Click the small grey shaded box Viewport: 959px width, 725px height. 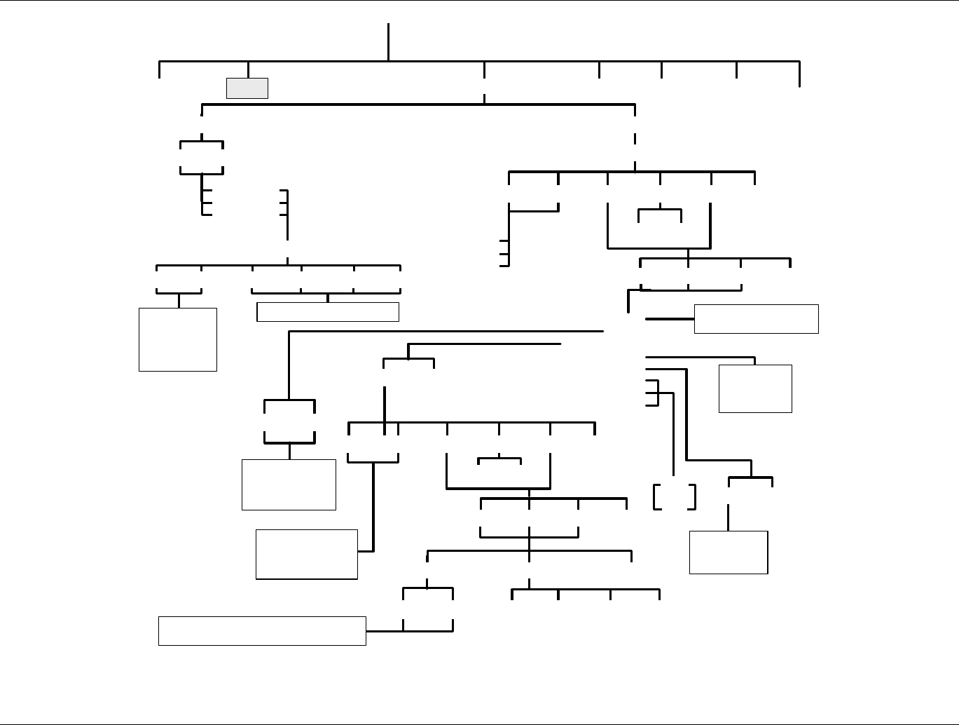tap(247, 88)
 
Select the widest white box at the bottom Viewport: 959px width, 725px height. tap(262, 630)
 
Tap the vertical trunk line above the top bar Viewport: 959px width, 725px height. tap(388, 42)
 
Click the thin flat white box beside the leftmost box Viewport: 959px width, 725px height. tap(328, 312)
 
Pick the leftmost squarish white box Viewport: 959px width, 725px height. tap(178, 339)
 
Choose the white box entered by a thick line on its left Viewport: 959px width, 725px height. tap(756, 319)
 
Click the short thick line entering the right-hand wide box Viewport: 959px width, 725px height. tap(669, 319)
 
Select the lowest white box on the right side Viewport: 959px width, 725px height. tap(729, 553)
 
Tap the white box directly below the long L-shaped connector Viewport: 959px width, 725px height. tap(289, 485)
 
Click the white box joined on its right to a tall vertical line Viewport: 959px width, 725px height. tap(307, 554)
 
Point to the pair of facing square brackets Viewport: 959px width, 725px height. tap(675, 496)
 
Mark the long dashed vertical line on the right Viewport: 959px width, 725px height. tap(635, 138)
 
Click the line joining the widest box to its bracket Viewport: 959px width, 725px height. tap(385, 631)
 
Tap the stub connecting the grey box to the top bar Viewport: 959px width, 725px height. tap(247, 70)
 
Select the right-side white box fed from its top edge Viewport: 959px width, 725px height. tap(755, 388)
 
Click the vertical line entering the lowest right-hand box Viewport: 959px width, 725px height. tap(729, 517)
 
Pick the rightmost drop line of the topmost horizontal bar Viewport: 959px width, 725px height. tap(799, 74)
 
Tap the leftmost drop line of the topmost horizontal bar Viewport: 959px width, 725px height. tap(160, 70)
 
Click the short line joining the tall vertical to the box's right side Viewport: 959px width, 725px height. tap(365, 551)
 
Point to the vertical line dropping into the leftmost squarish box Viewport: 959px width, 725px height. tap(179, 300)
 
